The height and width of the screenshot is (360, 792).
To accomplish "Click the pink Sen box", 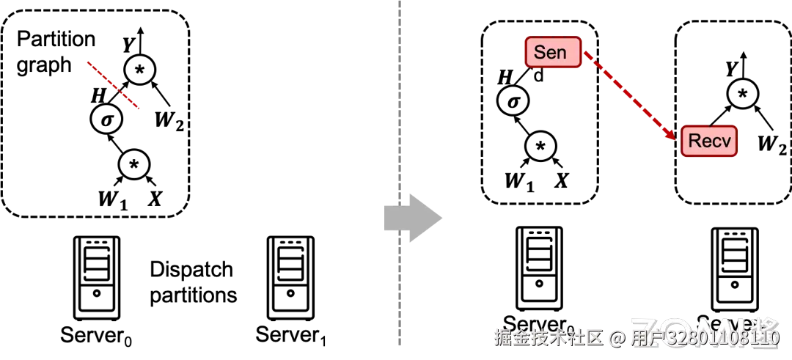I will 552,53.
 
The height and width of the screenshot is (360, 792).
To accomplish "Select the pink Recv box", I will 709,142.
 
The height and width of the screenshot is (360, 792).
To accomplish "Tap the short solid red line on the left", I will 113,85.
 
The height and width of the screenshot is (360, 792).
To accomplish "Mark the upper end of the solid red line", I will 88,62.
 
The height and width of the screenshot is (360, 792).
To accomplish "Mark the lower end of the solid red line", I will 139,109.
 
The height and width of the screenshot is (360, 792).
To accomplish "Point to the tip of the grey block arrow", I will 444,218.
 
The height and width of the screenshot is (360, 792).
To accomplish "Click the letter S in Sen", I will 540,53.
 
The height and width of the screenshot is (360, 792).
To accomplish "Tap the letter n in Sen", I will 562,54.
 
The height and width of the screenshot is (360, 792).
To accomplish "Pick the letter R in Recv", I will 694,142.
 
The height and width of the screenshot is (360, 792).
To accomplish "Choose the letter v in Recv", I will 726,142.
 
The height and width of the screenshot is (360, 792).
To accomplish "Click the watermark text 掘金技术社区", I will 547,337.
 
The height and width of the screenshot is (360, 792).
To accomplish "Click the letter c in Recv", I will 716,142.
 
